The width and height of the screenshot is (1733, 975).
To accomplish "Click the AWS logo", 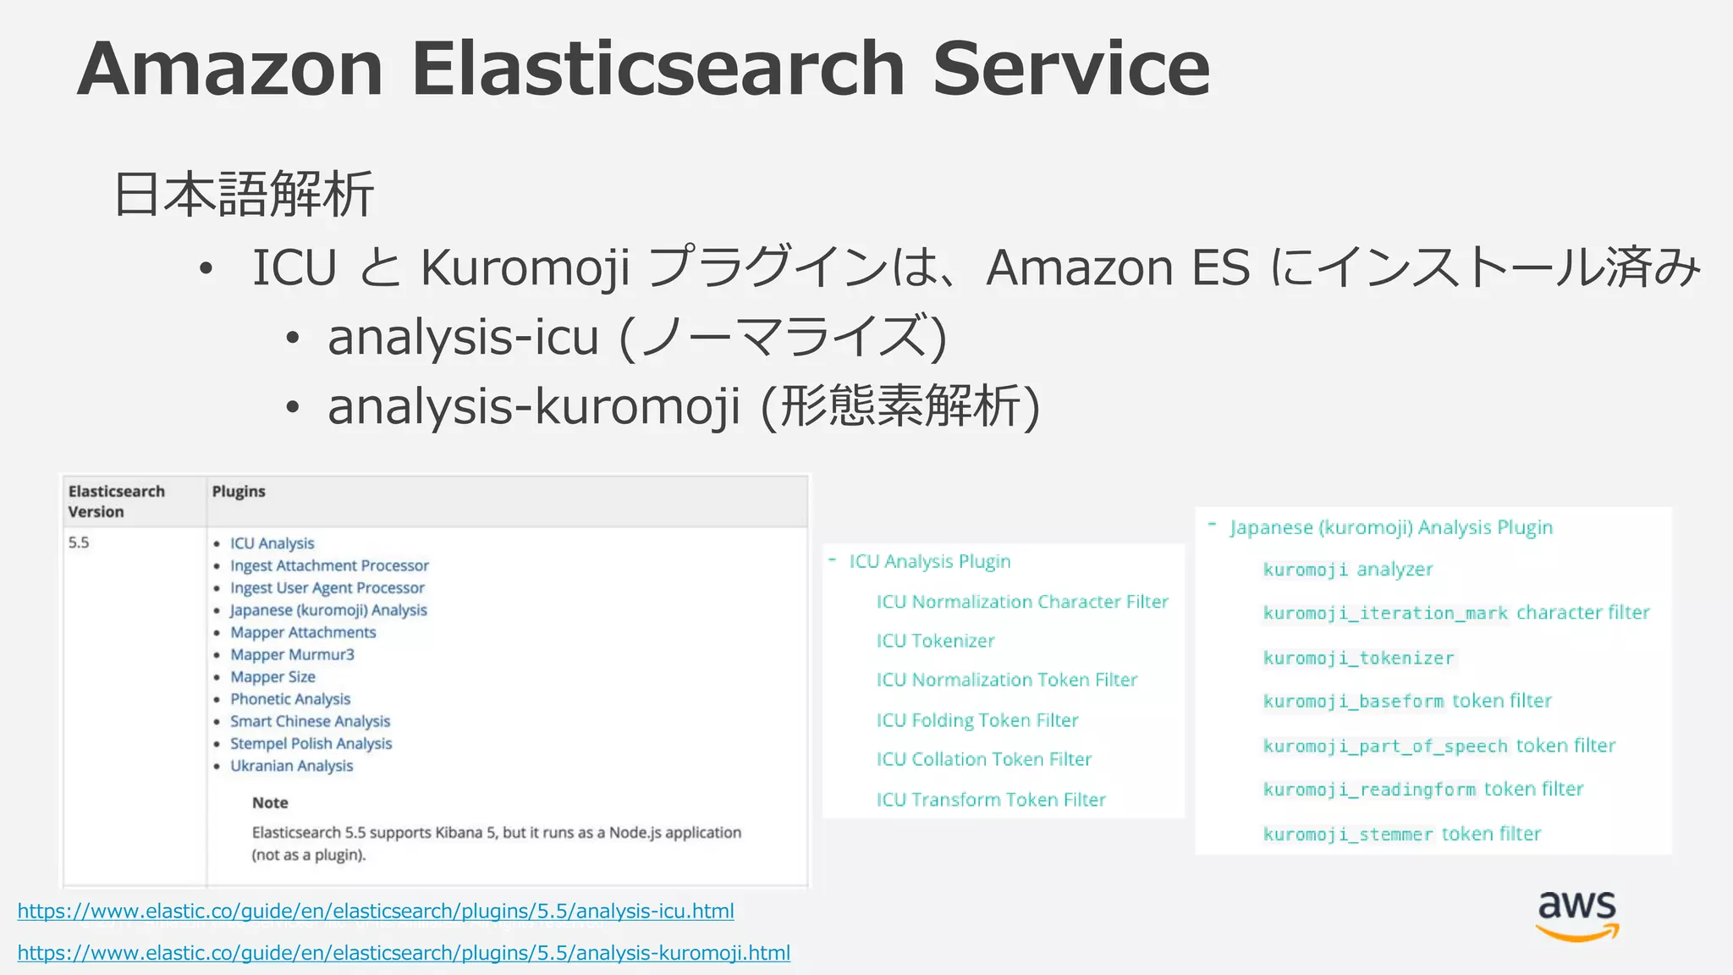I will click(1576, 916).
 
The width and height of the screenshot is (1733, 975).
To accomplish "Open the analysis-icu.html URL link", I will click(376, 912).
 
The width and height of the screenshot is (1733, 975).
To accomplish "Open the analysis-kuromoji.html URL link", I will click(404, 953).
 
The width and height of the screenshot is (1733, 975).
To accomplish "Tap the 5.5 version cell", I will click(79, 543).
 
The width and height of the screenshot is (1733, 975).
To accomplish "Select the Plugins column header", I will click(239, 492).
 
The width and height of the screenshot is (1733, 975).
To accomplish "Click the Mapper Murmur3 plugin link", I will click(292, 655).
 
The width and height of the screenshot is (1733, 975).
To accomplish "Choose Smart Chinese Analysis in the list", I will click(310, 722).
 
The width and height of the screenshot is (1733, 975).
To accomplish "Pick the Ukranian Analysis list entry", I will click(291, 766).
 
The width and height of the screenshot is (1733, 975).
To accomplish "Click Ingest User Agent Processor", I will click(327, 588).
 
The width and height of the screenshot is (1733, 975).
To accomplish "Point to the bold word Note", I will click(270, 803).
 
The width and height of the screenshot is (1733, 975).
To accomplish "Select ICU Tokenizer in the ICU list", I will click(935, 642).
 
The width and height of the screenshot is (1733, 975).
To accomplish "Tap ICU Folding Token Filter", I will click(977, 720).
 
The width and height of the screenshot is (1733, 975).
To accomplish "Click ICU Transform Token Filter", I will click(991, 800).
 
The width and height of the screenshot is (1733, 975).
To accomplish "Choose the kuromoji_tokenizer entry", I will click(1358, 658).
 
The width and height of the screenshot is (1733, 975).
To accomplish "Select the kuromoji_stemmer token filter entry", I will click(1401, 835).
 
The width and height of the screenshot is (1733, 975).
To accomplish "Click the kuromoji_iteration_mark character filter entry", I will click(1455, 613).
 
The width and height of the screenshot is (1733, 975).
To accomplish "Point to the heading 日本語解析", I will click(244, 195).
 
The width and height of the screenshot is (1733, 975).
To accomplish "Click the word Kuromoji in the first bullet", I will click(525, 267).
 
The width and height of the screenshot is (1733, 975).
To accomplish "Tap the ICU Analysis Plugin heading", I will click(929, 562).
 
